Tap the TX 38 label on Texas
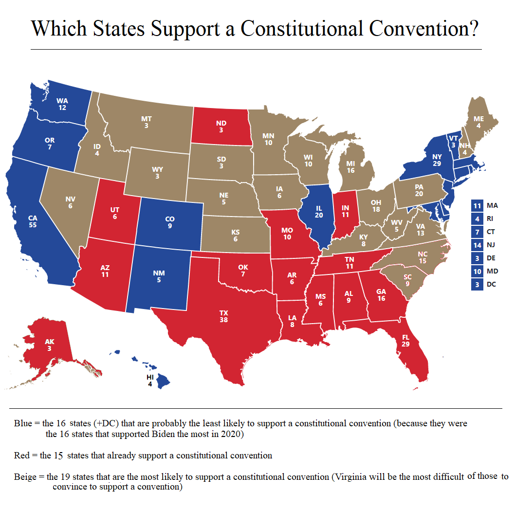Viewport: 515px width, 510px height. click(224, 316)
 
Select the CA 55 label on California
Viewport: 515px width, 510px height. click(33, 222)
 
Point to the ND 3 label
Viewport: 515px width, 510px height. click(221, 127)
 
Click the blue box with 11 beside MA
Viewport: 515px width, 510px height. click(477, 205)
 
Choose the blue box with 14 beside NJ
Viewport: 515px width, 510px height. click(477, 245)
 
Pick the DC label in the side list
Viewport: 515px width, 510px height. click(491, 284)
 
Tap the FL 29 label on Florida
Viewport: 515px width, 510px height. click(405, 341)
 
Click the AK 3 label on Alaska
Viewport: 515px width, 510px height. click(50, 345)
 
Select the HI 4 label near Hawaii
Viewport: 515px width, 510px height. click(150, 381)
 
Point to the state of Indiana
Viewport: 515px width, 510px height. click(345, 214)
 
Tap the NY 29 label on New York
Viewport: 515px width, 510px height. click(437, 160)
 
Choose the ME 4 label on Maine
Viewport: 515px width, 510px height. click(478, 122)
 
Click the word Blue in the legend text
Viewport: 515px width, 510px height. click(23, 423)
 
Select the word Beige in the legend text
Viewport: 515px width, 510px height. click(25, 477)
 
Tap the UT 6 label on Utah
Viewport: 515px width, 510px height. click(115, 213)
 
